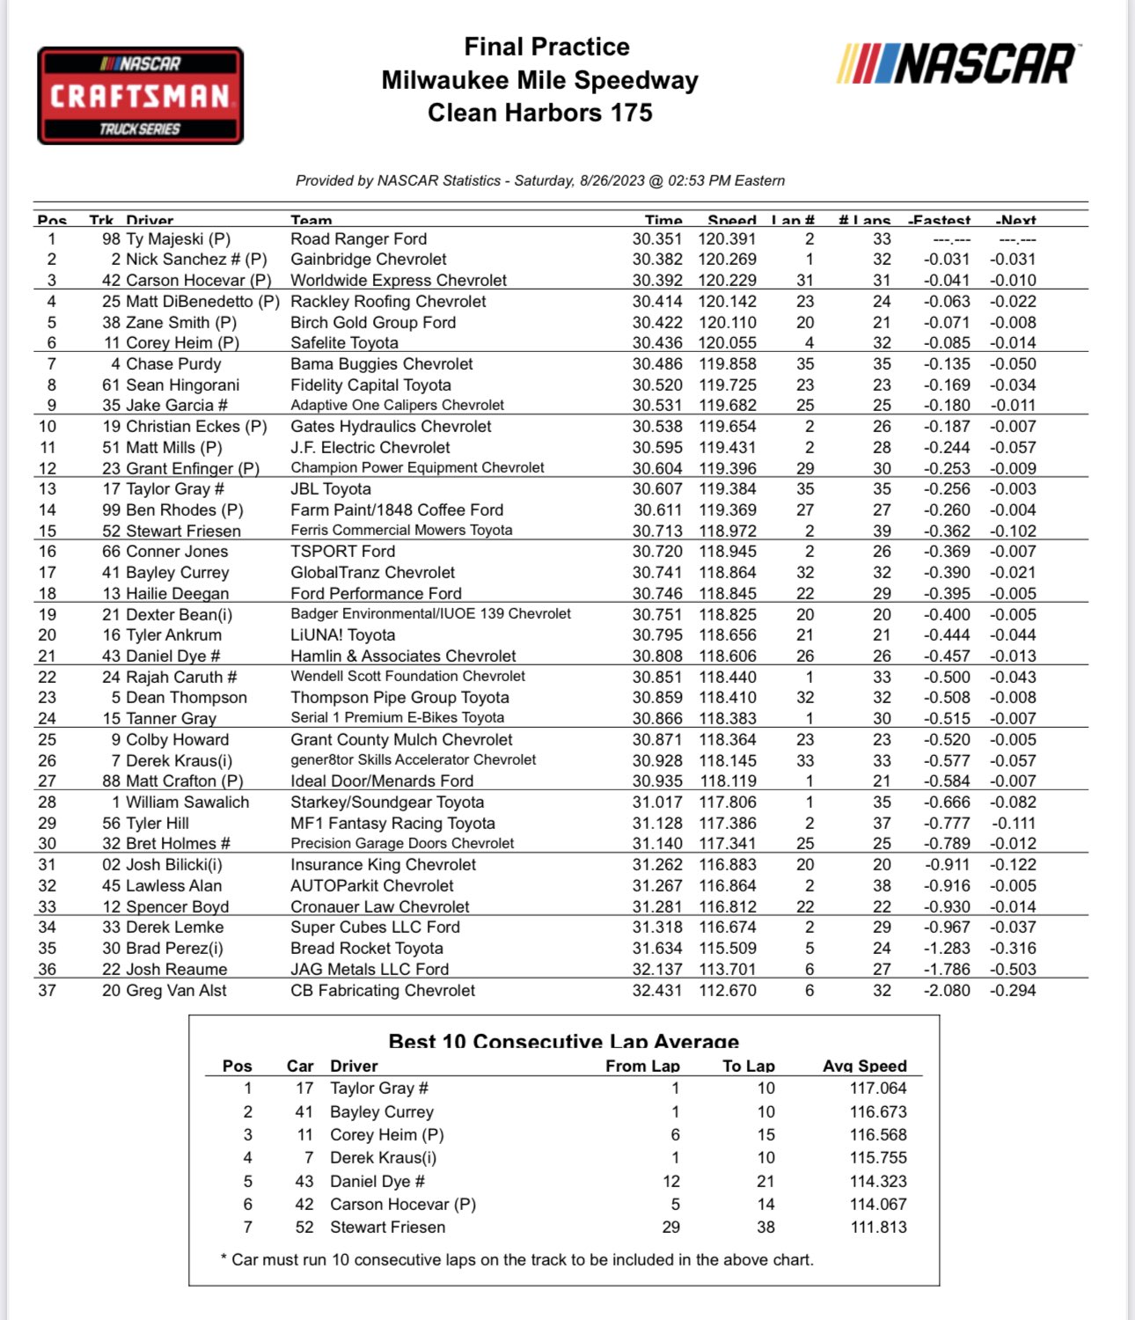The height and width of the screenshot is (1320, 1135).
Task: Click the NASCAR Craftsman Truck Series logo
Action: point(140,96)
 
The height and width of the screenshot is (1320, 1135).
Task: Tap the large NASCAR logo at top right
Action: point(956,64)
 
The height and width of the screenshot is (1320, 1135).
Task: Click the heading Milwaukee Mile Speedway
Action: point(539,80)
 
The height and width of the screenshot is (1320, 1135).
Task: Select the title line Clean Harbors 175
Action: point(539,113)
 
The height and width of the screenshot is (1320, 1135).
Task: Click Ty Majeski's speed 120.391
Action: point(727,238)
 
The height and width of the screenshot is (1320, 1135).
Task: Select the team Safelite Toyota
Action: point(344,342)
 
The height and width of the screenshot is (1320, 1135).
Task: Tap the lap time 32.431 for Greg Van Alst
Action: point(656,990)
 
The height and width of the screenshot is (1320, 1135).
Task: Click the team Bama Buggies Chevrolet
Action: point(381,363)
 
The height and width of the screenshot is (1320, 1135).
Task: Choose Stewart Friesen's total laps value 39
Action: point(882,531)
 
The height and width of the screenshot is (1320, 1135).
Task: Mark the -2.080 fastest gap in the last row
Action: point(947,990)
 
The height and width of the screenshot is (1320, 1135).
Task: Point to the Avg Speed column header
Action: point(864,1066)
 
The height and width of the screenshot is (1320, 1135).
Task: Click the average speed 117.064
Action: point(877,1089)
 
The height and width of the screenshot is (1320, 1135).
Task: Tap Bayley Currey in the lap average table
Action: point(381,1111)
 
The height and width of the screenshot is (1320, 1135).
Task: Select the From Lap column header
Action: point(642,1066)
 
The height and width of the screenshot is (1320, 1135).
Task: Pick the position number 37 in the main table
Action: point(48,990)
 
